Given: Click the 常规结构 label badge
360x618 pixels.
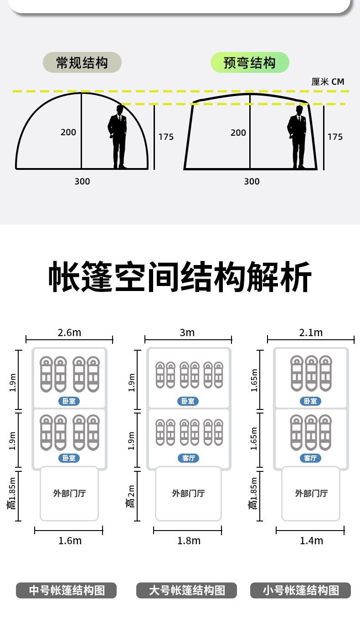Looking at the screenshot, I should (x=82, y=62).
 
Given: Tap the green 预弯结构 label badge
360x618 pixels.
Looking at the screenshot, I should (x=250, y=62).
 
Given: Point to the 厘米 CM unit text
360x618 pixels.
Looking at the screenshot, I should (x=328, y=82).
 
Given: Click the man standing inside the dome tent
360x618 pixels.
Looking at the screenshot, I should (x=118, y=137).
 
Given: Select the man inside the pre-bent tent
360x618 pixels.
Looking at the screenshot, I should (x=298, y=137).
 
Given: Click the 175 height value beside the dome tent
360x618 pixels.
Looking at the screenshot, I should (x=166, y=137).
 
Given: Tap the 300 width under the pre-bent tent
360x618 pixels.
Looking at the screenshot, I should (x=252, y=181).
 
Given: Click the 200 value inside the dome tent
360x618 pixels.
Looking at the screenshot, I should (x=68, y=133).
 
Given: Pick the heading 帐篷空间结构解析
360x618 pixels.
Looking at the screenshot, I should (x=180, y=277).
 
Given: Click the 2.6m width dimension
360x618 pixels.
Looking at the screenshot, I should (x=69, y=332).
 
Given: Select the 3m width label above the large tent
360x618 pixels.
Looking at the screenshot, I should (x=187, y=332).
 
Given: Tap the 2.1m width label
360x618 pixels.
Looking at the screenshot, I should (x=311, y=332).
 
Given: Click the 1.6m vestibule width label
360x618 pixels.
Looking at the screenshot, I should (x=70, y=541).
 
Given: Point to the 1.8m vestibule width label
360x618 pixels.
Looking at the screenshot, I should (x=189, y=541).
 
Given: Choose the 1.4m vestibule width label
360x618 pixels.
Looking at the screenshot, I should (x=311, y=541).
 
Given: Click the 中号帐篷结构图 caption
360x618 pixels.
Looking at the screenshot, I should (x=67, y=590).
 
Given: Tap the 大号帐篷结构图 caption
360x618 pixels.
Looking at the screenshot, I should (x=187, y=590).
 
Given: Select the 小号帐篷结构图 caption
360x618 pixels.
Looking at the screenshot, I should (x=301, y=590).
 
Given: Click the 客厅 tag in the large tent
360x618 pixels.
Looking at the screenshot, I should (x=188, y=458).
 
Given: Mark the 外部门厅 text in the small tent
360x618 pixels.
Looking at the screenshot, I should (x=311, y=493).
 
